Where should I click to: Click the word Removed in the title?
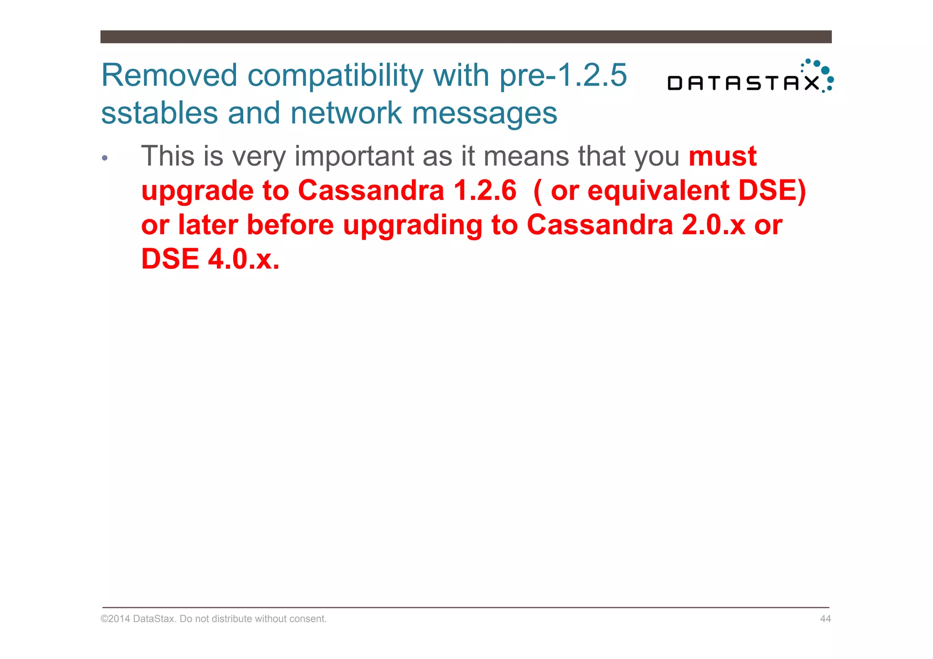click(x=169, y=75)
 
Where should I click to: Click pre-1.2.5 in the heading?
click(x=563, y=75)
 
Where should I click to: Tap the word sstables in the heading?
click(x=159, y=113)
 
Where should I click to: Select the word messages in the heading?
click(x=484, y=113)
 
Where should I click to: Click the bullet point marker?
click(x=105, y=158)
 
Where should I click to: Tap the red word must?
click(x=722, y=156)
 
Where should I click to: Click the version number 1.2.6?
click(x=485, y=190)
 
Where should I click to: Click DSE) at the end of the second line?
click(x=772, y=190)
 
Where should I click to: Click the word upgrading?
click(x=412, y=225)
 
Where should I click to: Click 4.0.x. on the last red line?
click(x=243, y=259)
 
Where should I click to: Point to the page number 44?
click(x=825, y=618)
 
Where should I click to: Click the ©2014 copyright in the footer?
click(x=115, y=618)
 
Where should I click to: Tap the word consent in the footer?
click(x=309, y=618)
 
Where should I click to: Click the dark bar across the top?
click(x=466, y=37)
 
